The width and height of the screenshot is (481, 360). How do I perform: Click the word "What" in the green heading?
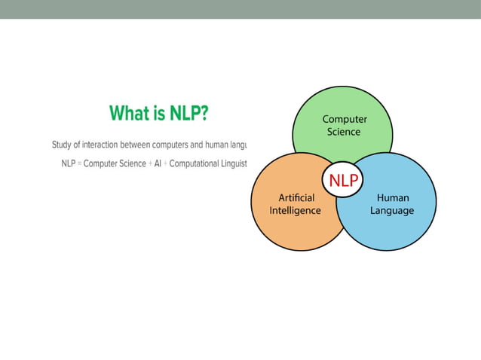[128, 113]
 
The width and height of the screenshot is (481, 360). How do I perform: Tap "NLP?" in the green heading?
[185, 113]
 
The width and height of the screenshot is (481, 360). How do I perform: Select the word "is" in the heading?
[156, 113]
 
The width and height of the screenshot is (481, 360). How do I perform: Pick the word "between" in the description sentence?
[135, 145]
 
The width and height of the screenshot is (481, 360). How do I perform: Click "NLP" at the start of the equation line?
[69, 164]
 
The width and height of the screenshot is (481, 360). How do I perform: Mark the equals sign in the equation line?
[79, 164]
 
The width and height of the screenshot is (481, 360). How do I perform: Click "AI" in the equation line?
[158, 164]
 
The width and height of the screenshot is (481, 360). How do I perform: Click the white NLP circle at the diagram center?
[343, 179]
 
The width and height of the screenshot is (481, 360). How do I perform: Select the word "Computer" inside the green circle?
[345, 119]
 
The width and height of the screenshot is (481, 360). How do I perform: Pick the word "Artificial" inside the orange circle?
[296, 198]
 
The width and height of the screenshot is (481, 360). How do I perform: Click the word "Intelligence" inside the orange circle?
[295, 211]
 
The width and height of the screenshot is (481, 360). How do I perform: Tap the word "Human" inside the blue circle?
[392, 198]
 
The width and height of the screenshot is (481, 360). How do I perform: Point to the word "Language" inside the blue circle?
[391, 211]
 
